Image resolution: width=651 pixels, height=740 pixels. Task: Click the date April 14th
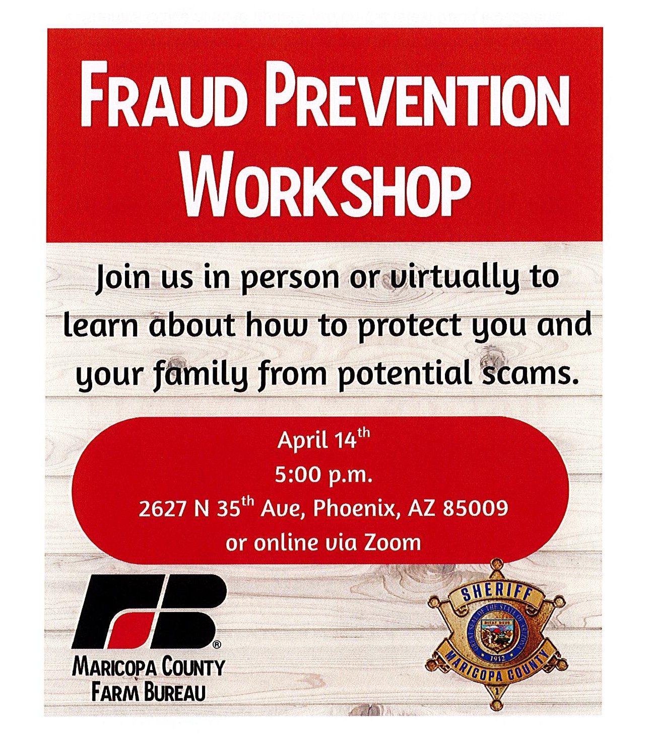pyautogui.click(x=323, y=440)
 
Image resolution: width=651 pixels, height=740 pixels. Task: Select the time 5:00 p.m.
pyautogui.click(x=323, y=475)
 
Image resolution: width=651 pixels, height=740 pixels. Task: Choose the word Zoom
pyautogui.click(x=393, y=543)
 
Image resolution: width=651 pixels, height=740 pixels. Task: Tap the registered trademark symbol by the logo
pyautogui.click(x=217, y=645)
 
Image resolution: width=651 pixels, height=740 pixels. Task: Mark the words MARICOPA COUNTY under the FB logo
pyautogui.click(x=148, y=667)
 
